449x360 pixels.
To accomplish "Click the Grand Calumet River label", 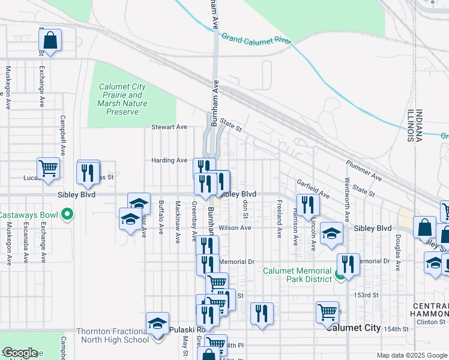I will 256,40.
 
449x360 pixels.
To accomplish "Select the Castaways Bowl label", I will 28,214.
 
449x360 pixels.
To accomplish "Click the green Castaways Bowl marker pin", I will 67,214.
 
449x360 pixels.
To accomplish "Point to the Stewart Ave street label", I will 169,127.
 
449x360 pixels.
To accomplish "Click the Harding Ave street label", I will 169,160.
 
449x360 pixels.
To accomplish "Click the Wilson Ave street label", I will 235,228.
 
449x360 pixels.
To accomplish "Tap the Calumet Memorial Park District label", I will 297,275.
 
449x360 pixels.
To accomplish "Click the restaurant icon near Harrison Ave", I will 308,204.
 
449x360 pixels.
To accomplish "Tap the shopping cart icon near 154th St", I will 328,311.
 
